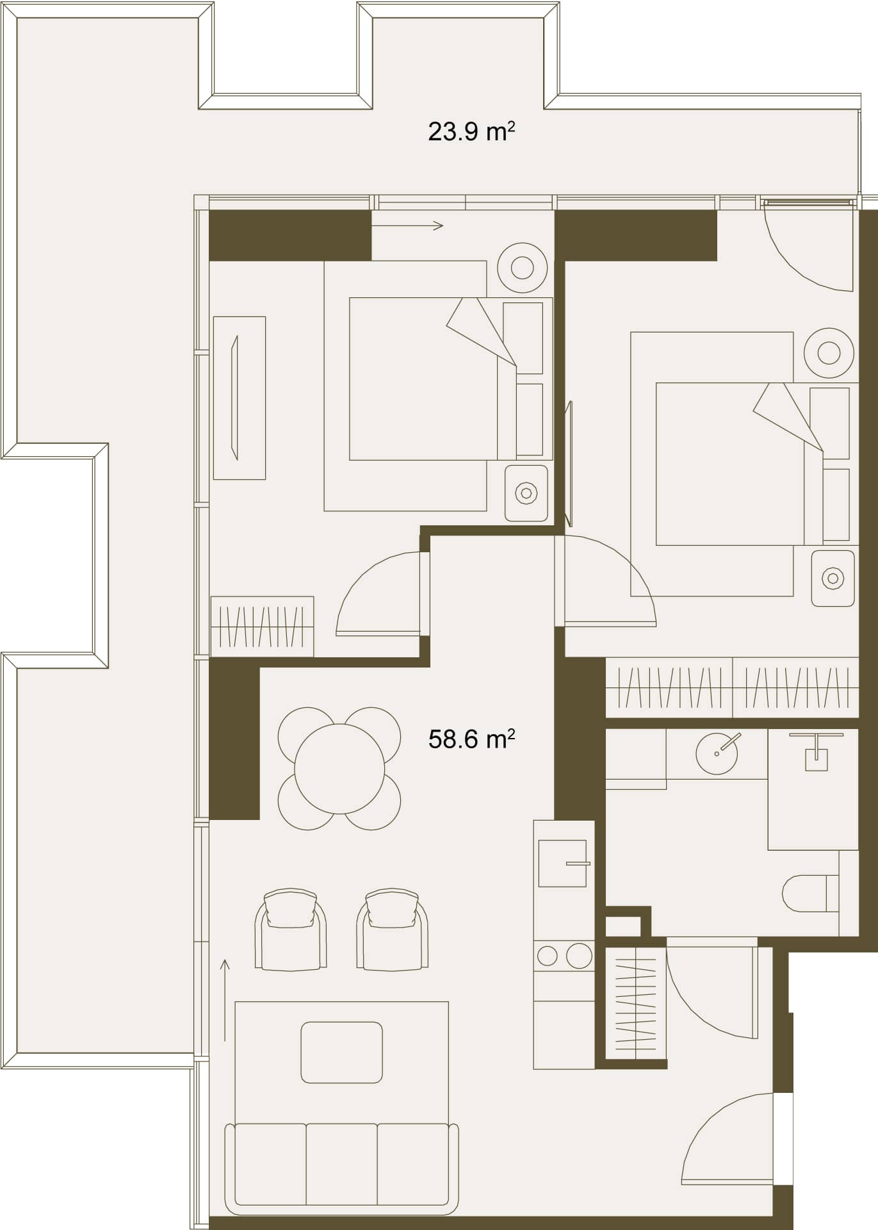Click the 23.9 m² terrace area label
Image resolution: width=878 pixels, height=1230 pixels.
tap(471, 131)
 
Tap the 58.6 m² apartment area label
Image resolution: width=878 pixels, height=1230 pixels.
tap(471, 739)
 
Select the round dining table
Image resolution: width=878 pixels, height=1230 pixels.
tap(339, 769)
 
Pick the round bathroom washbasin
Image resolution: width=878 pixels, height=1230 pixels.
tap(717, 753)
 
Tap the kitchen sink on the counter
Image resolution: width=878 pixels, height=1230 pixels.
tap(562, 863)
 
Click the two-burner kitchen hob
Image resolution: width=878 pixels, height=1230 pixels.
tap(564, 956)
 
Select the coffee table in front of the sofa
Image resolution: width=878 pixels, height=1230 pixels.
tap(341, 1053)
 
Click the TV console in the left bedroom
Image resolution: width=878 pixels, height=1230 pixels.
tap(239, 398)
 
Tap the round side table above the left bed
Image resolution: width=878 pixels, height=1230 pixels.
tap(523, 268)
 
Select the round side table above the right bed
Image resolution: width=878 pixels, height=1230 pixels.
tap(829, 353)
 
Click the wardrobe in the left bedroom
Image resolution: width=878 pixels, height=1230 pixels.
tap(262, 627)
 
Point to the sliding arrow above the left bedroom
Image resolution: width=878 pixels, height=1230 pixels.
tap(407, 225)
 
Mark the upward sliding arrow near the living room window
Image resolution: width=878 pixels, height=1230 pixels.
tap(225, 999)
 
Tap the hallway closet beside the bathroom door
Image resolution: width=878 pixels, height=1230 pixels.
tap(636, 1003)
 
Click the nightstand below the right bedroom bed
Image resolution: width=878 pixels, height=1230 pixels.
tap(833, 578)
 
